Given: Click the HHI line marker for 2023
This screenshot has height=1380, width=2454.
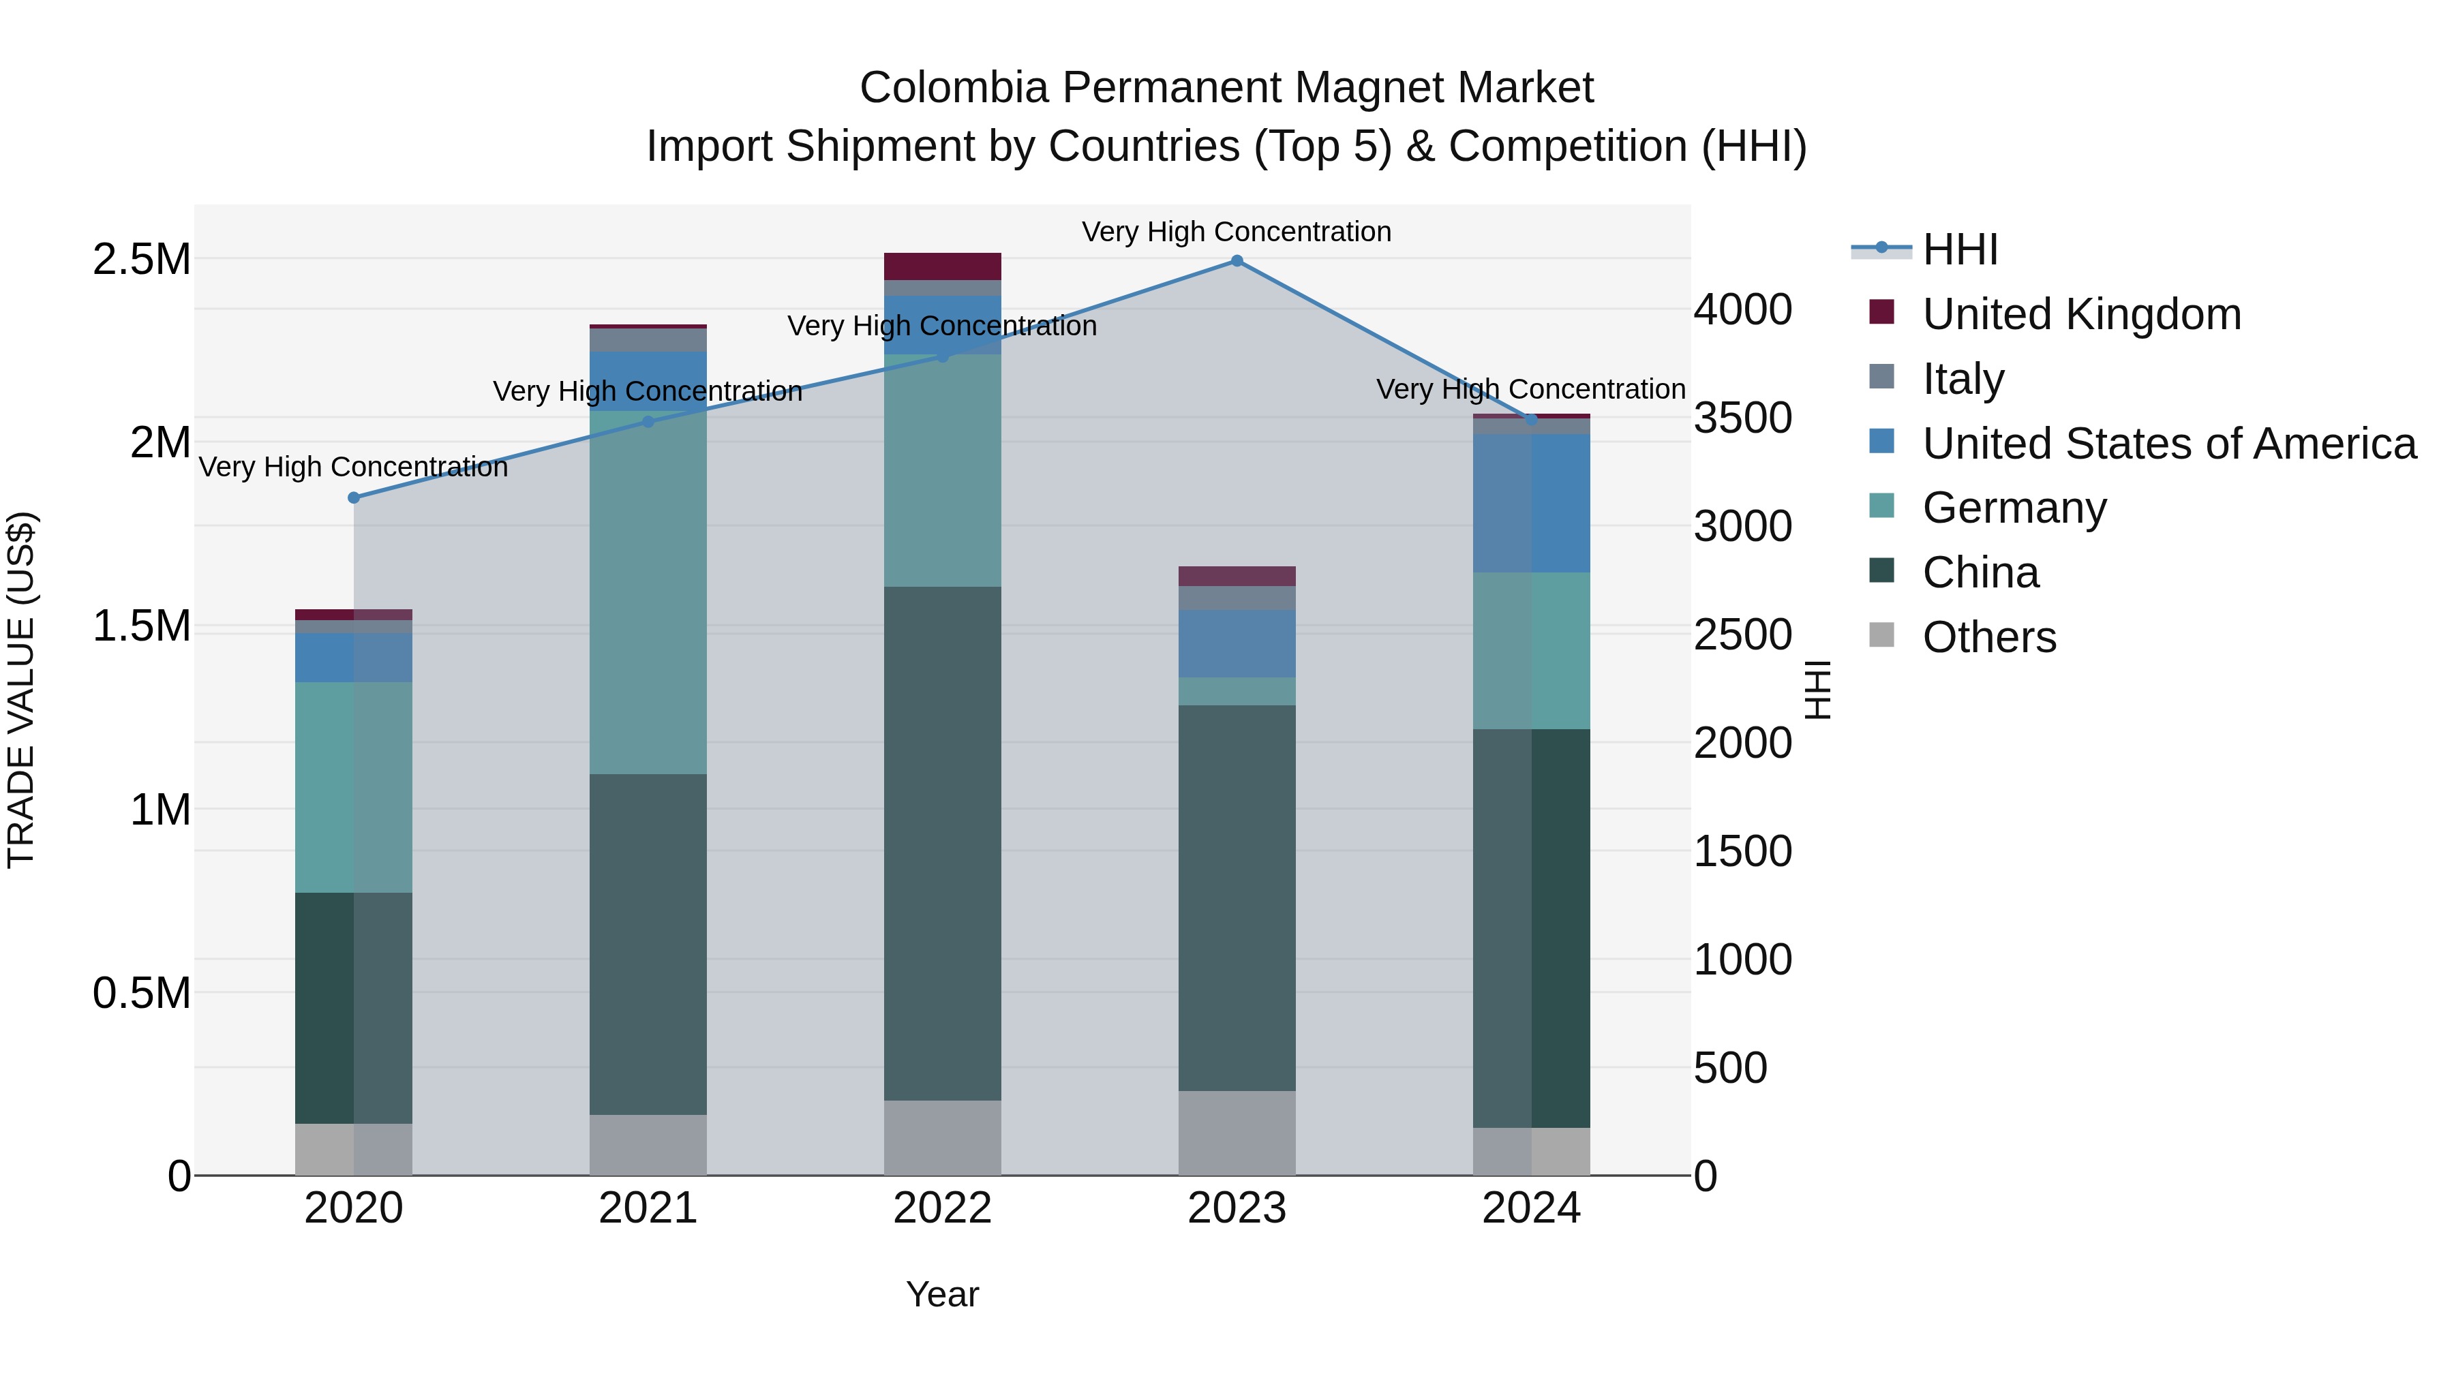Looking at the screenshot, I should pos(1237,261).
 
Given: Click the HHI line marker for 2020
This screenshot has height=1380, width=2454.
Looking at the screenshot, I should pos(353,498).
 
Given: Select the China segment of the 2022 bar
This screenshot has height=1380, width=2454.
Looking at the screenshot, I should pos(942,843).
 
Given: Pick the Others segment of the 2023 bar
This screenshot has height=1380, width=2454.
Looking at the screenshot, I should pos(1237,1133).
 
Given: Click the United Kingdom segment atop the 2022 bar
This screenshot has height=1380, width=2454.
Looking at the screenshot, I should pos(942,266).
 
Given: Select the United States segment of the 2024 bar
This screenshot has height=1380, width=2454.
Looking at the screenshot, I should pos(1531,503).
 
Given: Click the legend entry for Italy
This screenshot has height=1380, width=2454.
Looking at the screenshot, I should pos(1963,379).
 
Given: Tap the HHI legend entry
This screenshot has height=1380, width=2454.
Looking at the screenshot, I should pos(1958,249).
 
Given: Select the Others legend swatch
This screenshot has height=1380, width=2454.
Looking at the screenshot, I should pos(1881,634).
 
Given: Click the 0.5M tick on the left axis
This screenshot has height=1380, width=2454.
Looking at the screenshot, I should pos(141,994).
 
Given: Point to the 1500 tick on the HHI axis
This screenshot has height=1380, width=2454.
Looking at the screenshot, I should pos(1742,850).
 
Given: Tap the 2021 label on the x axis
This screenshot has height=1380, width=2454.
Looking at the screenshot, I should pos(648,1208).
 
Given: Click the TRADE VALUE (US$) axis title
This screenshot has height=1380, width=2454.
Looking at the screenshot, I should pos(21,690).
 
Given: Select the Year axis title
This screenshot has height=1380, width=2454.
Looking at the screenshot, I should pos(942,1294).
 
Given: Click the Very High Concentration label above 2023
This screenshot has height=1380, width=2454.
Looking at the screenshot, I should pos(1237,232).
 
